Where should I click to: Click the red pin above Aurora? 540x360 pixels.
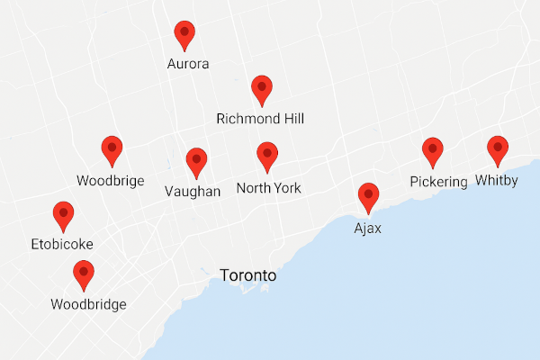coord(184,34)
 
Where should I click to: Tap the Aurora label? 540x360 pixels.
coord(189,64)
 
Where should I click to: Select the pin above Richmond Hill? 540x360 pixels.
coord(262,89)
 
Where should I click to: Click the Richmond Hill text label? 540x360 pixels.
coord(261,119)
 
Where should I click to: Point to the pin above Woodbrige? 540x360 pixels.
coord(112,149)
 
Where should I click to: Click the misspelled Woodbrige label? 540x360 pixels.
coord(110,181)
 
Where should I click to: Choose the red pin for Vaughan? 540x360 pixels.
coord(196,162)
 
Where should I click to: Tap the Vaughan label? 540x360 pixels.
coord(193,192)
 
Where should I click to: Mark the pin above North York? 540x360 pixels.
coord(267,156)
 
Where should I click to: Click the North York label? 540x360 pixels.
coord(268,188)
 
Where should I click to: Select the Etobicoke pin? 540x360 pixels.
coord(63,215)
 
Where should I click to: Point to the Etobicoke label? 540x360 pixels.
coord(62,244)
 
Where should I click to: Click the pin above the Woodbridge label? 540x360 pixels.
coord(84,273)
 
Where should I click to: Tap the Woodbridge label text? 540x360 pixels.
coord(88,304)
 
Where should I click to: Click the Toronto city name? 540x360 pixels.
coord(248,276)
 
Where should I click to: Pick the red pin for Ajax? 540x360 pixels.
coord(368,196)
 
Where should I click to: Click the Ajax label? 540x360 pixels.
coord(367,229)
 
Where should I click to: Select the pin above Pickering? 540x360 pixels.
coord(433,151)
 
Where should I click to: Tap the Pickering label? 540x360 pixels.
coord(439,182)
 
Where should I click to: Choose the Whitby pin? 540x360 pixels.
coord(498,149)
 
